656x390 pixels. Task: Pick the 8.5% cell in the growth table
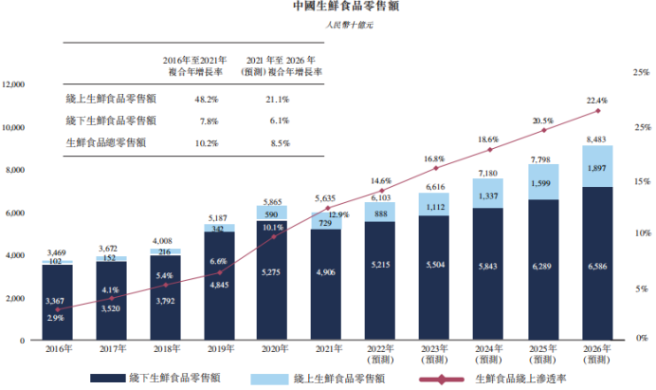[279, 143]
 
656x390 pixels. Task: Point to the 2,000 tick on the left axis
[15, 298]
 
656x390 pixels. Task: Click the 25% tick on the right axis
[642, 72]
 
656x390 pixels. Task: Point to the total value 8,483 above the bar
[598, 139]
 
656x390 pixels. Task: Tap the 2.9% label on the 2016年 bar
[55, 318]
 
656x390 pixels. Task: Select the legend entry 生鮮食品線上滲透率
[519, 378]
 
